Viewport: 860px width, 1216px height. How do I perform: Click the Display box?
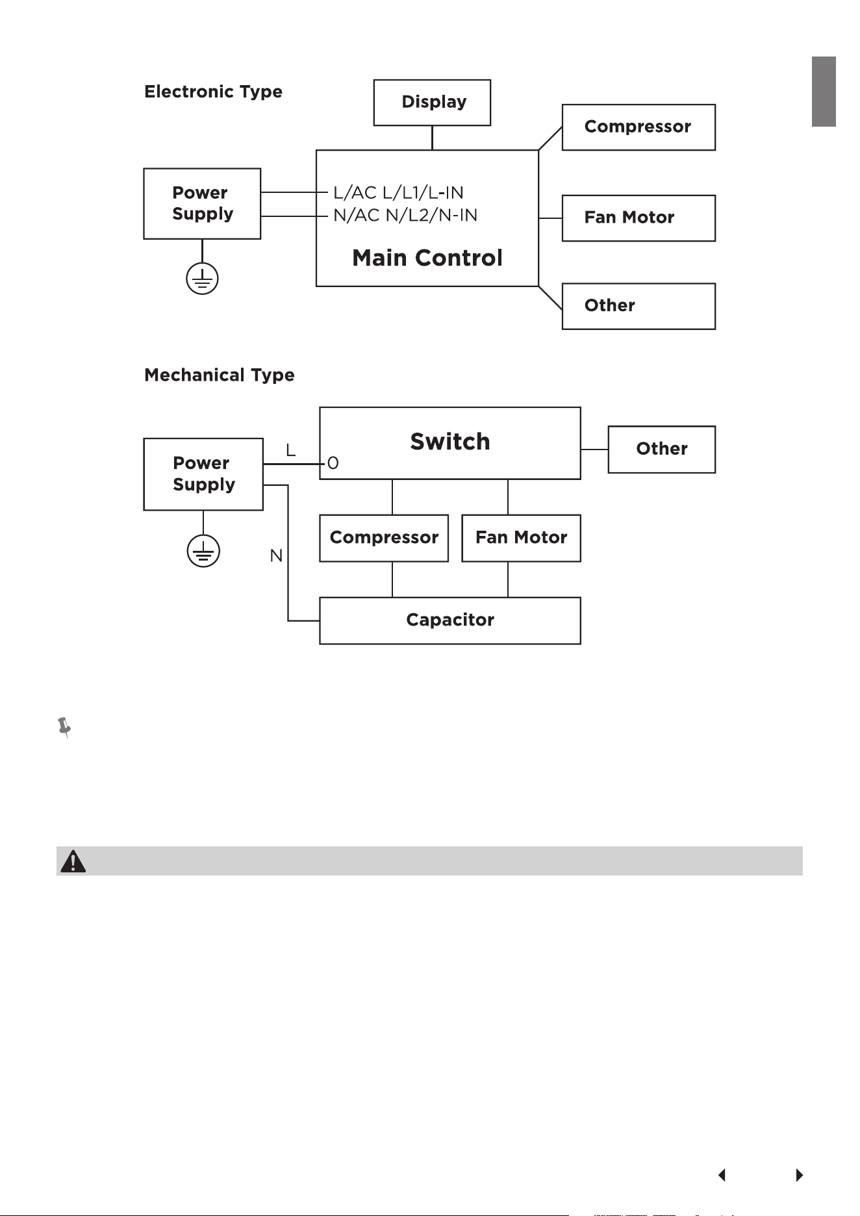tap(432, 103)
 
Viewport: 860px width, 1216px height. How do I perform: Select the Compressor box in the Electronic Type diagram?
tap(639, 127)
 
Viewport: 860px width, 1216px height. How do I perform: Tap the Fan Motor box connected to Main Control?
tap(639, 218)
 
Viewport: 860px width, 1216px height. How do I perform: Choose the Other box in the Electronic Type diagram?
tap(639, 306)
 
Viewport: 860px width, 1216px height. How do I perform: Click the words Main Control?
tap(427, 258)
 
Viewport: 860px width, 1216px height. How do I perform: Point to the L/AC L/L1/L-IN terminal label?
tap(398, 193)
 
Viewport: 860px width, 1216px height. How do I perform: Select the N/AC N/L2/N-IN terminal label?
tap(405, 215)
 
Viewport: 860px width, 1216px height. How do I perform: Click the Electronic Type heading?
tap(213, 92)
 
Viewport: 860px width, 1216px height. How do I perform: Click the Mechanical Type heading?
tap(220, 375)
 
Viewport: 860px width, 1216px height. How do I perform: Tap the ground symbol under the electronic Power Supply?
tap(202, 279)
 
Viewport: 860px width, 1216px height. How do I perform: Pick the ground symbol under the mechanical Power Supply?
tap(203, 551)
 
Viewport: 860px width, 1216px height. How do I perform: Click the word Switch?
tap(450, 442)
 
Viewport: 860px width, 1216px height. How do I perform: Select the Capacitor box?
tap(450, 620)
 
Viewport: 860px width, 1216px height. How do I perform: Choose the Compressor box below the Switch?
tap(384, 538)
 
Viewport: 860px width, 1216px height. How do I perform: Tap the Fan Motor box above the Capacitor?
tap(521, 538)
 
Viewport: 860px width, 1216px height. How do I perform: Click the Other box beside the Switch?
tap(661, 450)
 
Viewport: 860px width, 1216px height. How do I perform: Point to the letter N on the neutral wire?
tap(276, 556)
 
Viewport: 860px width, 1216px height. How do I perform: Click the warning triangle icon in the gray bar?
tap(73, 861)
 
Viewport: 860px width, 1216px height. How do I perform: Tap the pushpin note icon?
tap(64, 728)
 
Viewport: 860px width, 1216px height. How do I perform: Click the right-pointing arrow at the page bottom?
tap(800, 1175)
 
